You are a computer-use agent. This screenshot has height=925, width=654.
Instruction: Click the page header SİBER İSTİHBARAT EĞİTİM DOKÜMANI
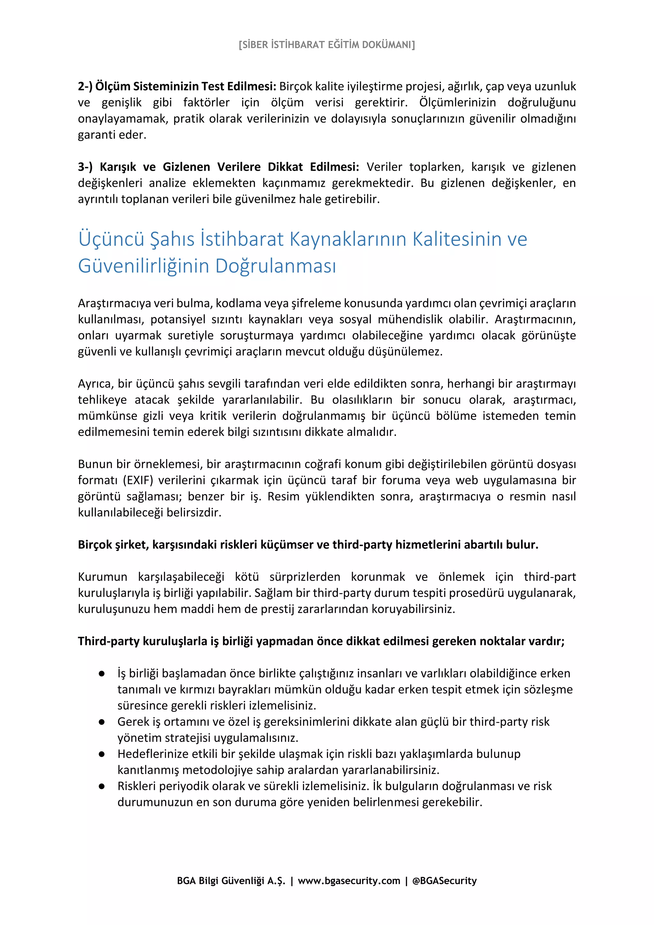point(327,45)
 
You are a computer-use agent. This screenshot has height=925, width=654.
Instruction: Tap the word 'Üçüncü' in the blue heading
point(111,239)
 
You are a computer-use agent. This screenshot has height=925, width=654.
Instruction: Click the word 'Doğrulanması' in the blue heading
point(275,266)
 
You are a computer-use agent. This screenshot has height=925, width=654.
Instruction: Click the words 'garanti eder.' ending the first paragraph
point(112,135)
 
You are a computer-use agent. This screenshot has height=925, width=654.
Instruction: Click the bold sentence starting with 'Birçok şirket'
point(308,545)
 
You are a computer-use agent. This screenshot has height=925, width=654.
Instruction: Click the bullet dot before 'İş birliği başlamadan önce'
point(102,673)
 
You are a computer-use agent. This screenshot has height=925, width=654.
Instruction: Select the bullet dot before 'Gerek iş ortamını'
point(102,722)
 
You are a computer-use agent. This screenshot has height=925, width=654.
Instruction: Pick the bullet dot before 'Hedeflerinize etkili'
point(102,754)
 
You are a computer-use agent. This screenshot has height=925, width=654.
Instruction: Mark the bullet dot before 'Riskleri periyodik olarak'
point(102,786)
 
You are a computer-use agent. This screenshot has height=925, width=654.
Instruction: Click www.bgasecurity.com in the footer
point(349,881)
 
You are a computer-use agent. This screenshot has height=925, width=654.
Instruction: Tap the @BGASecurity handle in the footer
point(444,881)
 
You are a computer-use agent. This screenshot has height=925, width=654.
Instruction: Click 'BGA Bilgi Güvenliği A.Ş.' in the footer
point(231,881)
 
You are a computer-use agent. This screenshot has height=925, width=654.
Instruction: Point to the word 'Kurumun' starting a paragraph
point(103,577)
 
